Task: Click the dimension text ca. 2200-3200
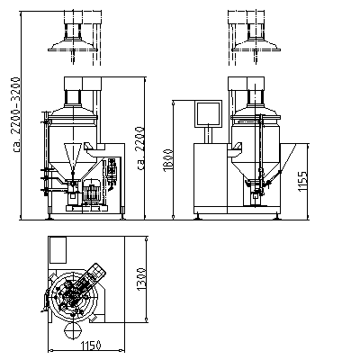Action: (16, 115)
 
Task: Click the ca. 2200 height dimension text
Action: (141, 148)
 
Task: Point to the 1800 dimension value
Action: (168, 161)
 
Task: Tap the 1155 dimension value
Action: (302, 181)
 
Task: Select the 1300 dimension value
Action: (141, 279)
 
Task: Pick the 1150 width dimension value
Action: (91, 346)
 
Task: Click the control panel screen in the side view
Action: (209, 113)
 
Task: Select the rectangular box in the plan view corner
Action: (58, 250)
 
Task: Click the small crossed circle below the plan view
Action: (73, 331)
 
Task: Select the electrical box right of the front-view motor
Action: (112, 172)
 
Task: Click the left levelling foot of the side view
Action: (197, 217)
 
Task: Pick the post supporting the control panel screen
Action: (209, 135)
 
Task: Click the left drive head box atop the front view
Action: (73, 84)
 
